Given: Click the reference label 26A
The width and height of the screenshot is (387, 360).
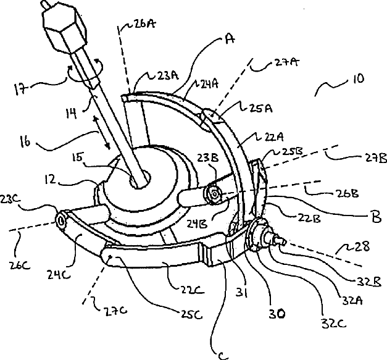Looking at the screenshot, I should tap(144, 25).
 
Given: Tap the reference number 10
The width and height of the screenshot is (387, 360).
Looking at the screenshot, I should tap(357, 79).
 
